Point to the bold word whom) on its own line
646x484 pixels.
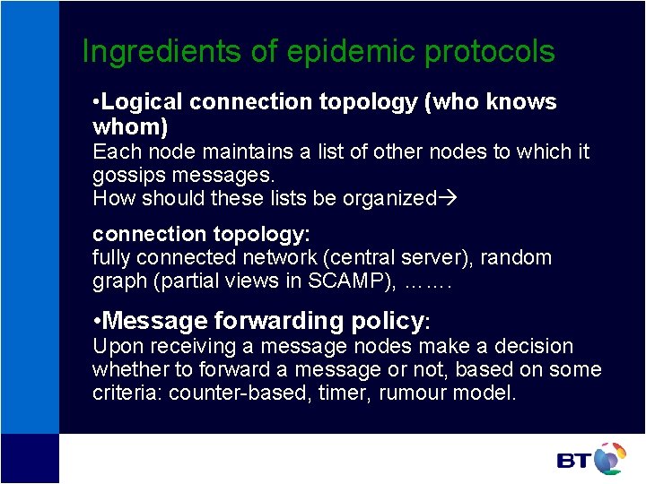click(x=130, y=127)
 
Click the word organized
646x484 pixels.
click(x=389, y=198)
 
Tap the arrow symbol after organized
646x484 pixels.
click(x=446, y=198)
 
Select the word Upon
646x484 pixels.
click(x=113, y=346)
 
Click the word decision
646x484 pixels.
click(x=529, y=346)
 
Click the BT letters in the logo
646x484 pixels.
click(x=573, y=461)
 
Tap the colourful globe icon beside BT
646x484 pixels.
click(x=609, y=458)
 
